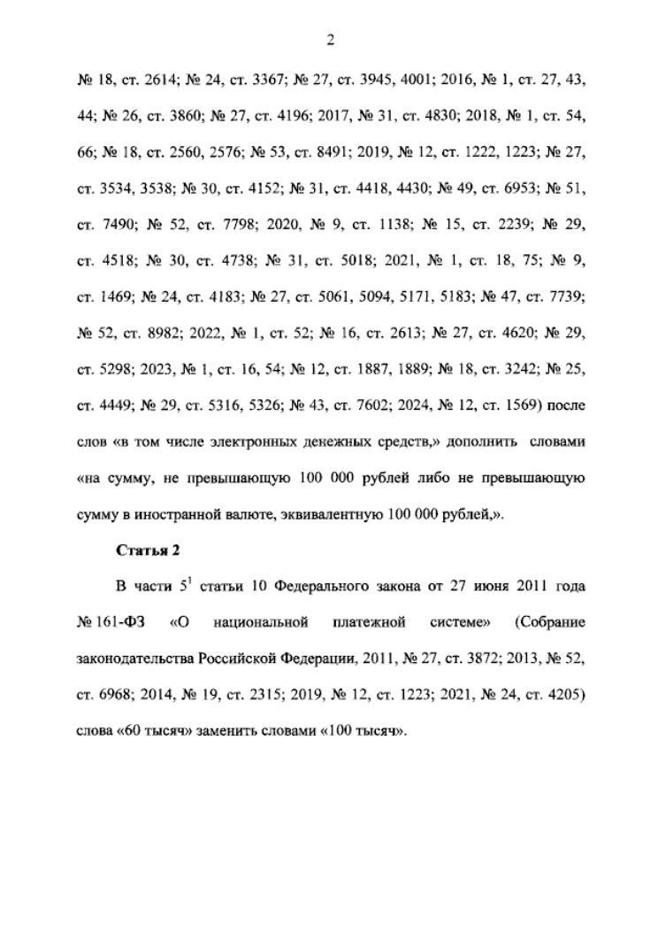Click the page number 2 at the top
click(332, 40)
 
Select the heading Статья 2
click(149, 551)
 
